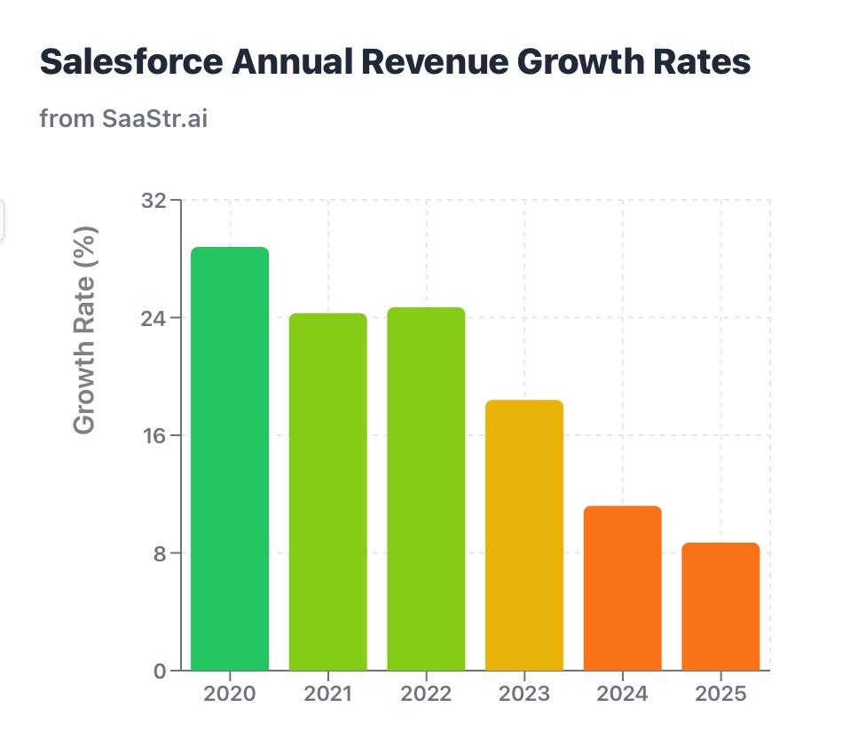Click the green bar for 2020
(x=230, y=458)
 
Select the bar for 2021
(x=327, y=491)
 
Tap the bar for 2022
(x=426, y=489)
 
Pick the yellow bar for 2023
(x=524, y=535)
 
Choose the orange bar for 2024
(x=623, y=588)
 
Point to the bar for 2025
(x=720, y=606)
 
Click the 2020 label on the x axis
(x=230, y=695)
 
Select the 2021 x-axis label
(x=327, y=695)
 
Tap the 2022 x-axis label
(x=426, y=695)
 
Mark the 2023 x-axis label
(x=524, y=695)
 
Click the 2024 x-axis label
(x=623, y=695)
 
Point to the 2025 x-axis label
(x=720, y=695)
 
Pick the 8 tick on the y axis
(x=160, y=553)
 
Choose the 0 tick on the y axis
(x=160, y=671)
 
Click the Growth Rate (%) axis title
(x=84, y=330)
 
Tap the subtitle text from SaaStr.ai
(x=123, y=118)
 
